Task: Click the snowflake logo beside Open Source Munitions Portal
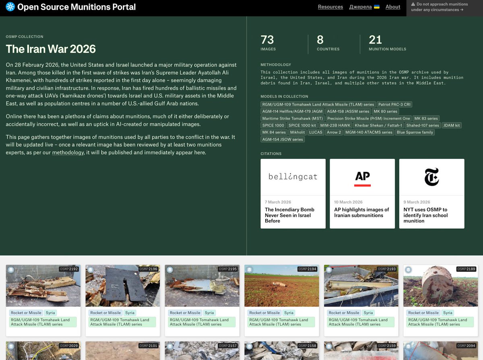click(10, 7)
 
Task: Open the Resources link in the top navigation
click(330, 7)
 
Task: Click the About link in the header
click(393, 7)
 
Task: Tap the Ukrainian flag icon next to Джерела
click(377, 7)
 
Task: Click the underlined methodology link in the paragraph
click(68, 153)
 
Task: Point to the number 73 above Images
click(267, 40)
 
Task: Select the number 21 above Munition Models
click(375, 40)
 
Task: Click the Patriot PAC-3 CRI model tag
click(394, 105)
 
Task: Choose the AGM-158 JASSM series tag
click(348, 111)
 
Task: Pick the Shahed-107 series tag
click(422, 125)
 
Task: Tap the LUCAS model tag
click(316, 132)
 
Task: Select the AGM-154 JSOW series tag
click(282, 140)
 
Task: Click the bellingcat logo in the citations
click(293, 177)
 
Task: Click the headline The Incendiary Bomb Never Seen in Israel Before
click(289, 215)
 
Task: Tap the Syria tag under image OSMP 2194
click(289, 313)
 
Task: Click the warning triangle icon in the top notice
click(413, 4)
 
